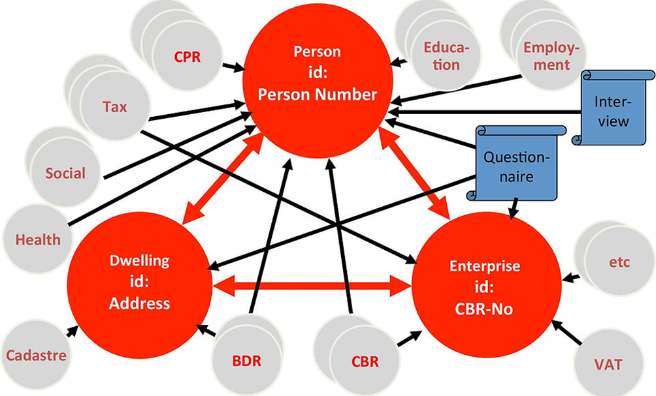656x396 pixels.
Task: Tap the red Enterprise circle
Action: point(485,287)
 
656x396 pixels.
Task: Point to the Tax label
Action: point(114,106)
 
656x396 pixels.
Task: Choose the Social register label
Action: point(65,173)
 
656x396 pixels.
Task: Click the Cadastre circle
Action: point(36,356)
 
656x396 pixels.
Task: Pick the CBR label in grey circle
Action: point(365,361)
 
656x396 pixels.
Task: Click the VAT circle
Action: point(608,363)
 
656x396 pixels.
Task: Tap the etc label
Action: point(619,262)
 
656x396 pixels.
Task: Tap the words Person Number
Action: point(318,95)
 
